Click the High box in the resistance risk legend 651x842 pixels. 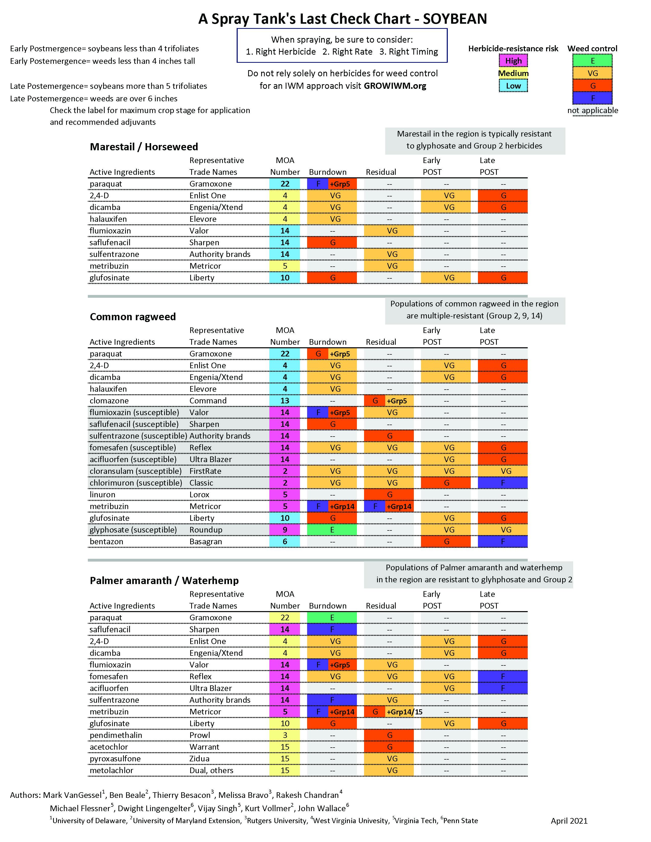click(513, 60)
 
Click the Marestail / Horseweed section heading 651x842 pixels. click(144, 147)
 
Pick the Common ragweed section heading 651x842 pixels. click(133, 317)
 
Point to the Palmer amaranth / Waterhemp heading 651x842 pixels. click(164, 581)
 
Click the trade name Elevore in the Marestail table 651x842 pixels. click(203, 219)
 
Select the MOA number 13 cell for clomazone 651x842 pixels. click(285, 401)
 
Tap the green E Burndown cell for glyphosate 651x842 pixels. click(332, 530)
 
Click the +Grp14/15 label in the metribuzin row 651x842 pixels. click(405, 712)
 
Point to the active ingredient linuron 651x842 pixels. click(103, 495)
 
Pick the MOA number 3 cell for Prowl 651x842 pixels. click(285, 735)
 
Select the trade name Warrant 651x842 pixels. click(204, 747)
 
